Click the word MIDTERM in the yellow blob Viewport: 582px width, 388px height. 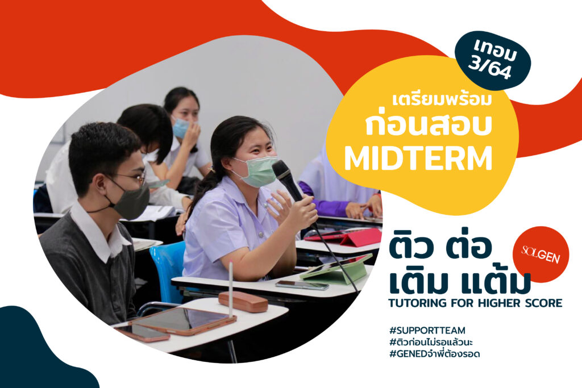[418, 158]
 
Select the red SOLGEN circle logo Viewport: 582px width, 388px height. [541, 254]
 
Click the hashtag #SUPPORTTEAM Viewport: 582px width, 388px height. [427, 330]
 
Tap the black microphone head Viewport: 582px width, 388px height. [282, 170]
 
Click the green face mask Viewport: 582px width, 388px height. [257, 171]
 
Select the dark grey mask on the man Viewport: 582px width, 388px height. [131, 201]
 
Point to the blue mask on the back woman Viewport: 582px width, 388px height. [181, 128]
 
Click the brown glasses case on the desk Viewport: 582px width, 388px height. [243, 302]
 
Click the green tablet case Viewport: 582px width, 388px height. [336, 269]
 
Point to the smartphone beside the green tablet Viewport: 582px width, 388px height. [302, 285]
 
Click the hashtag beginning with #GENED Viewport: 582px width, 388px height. [434, 354]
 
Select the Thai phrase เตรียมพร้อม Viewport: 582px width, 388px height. [442, 101]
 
